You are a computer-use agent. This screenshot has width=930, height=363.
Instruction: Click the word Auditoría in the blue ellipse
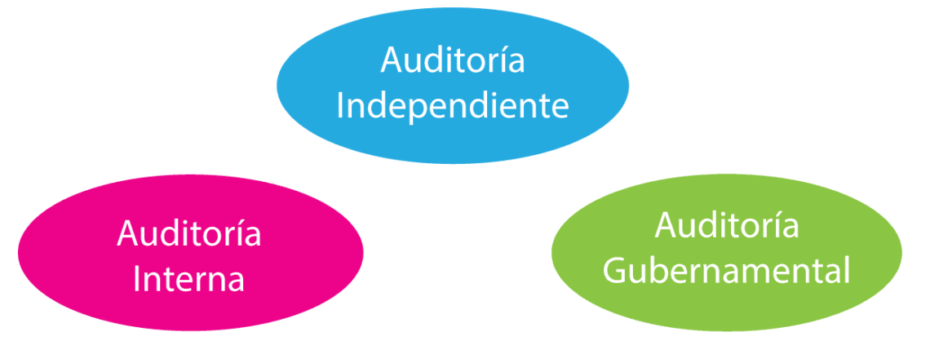click(x=453, y=62)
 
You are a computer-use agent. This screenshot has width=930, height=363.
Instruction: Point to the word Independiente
click(x=453, y=107)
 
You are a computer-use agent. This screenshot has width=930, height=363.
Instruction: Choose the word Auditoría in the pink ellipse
click(x=189, y=234)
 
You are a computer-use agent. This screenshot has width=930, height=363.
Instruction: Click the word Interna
click(x=189, y=279)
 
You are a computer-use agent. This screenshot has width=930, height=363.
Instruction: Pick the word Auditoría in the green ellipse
click(x=727, y=226)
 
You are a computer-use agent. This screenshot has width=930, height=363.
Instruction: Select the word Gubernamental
click(x=727, y=271)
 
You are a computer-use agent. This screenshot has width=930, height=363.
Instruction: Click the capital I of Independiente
click(x=341, y=106)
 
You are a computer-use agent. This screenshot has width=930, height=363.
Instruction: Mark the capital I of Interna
click(x=137, y=279)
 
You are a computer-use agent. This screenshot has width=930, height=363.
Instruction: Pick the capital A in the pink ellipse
click(x=129, y=234)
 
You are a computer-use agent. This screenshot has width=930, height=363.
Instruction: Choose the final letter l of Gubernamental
click(x=846, y=269)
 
